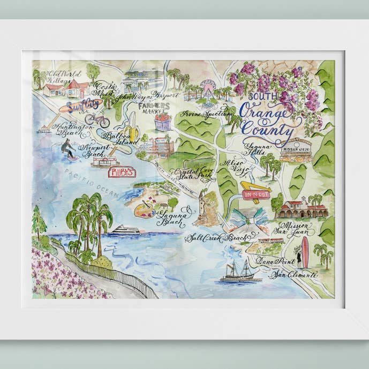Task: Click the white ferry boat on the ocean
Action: (125, 230)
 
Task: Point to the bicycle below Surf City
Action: (97, 119)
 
